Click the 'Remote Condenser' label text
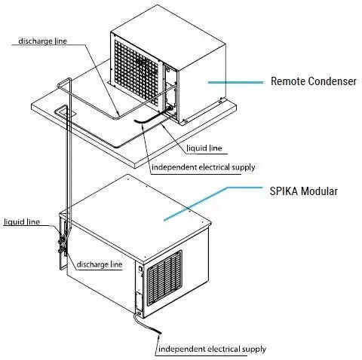click(x=313, y=81)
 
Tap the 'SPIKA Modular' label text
click(x=303, y=191)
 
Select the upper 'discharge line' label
click(x=43, y=41)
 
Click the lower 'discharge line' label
click(x=100, y=264)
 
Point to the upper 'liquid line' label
click(x=204, y=148)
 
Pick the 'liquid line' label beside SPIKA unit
click(x=22, y=222)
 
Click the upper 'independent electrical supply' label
click(x=204, y=167)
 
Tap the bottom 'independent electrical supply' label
click(x=212, y=349)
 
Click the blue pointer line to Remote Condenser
click(x=235, y=82)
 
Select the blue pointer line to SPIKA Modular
click(x=213, y=203)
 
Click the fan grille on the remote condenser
click(x=136, y=72)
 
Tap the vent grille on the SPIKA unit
click(x=164, y=278)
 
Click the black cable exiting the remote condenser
click(x=152, y=116)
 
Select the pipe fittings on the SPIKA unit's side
click(x=63, y=246)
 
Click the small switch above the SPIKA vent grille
click(x=140, y=269)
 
